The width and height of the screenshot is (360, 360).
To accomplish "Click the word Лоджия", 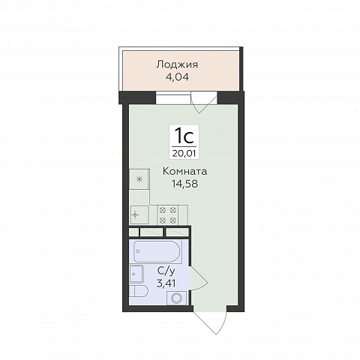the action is pyautogui.click(x=177, y=64).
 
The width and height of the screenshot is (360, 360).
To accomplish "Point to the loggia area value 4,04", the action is pyautogui.click(x=177, y=76).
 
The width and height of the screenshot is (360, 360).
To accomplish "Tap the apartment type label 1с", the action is pyautogui.click(x=184, y=136).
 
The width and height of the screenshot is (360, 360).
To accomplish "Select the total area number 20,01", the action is pyautogui.click(x=184, y=153).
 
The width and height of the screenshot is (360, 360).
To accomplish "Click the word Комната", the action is pyautogui.click(x=184, y=171).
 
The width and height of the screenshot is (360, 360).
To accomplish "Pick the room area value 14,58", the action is pyautogui.click(x=184, y=184).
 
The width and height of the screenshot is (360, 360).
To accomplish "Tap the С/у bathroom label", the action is pyautogui.click(x=166, y=271).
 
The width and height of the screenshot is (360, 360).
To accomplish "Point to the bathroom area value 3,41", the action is pyautogui.click(x=166, y=283).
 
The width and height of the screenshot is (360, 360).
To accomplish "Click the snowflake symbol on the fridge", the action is pyautogui.click(x=139, y=179).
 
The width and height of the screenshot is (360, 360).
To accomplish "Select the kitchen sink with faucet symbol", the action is pyautogui.click(x=139, y=215).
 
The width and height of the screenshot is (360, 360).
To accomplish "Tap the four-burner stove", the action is pyautogui.click(x=168, y=215).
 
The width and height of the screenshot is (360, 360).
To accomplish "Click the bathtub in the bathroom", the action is pyautogui.click(x=156, y=251).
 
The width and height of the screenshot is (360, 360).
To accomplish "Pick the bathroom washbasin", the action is pyautogui.click(x=136, y=274).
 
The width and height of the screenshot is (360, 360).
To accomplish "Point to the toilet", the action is pyautogui.click(x=139, y=291).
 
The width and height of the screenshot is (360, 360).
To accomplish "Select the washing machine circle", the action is pyautogui.click(x=177, y=298).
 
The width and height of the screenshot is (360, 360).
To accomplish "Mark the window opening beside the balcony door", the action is pyautogui.click(x=173, y=98).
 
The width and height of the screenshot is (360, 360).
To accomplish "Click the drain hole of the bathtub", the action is pyautogui.click(x=137, y=251).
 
